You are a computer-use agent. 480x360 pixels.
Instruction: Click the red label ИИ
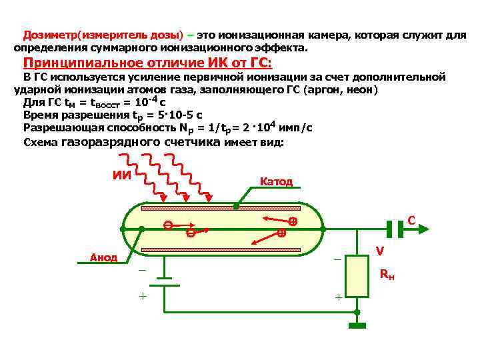(x=121, y=176)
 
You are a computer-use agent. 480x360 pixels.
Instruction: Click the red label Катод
(x=275, y=181)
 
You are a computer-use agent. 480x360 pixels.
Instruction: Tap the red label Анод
(x=103, y=257)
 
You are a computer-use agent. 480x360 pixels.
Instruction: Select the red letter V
(x=379, y=251)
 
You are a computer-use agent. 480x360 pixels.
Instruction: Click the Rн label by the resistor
(x=387, y=274)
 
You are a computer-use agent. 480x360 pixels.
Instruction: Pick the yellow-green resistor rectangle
(x=357, y=276)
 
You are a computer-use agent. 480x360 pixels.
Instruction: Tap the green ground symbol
(x=357, y=326)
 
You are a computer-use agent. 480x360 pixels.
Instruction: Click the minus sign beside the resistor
(x=337, y=259)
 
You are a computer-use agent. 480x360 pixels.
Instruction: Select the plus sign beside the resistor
(x=338, y=296)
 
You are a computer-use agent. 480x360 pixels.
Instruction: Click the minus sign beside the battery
(x=141, y=270)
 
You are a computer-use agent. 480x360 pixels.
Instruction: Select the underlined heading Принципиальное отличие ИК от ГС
(x=147, y=63)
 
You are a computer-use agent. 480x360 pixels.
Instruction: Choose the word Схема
(x=41, y=142)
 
